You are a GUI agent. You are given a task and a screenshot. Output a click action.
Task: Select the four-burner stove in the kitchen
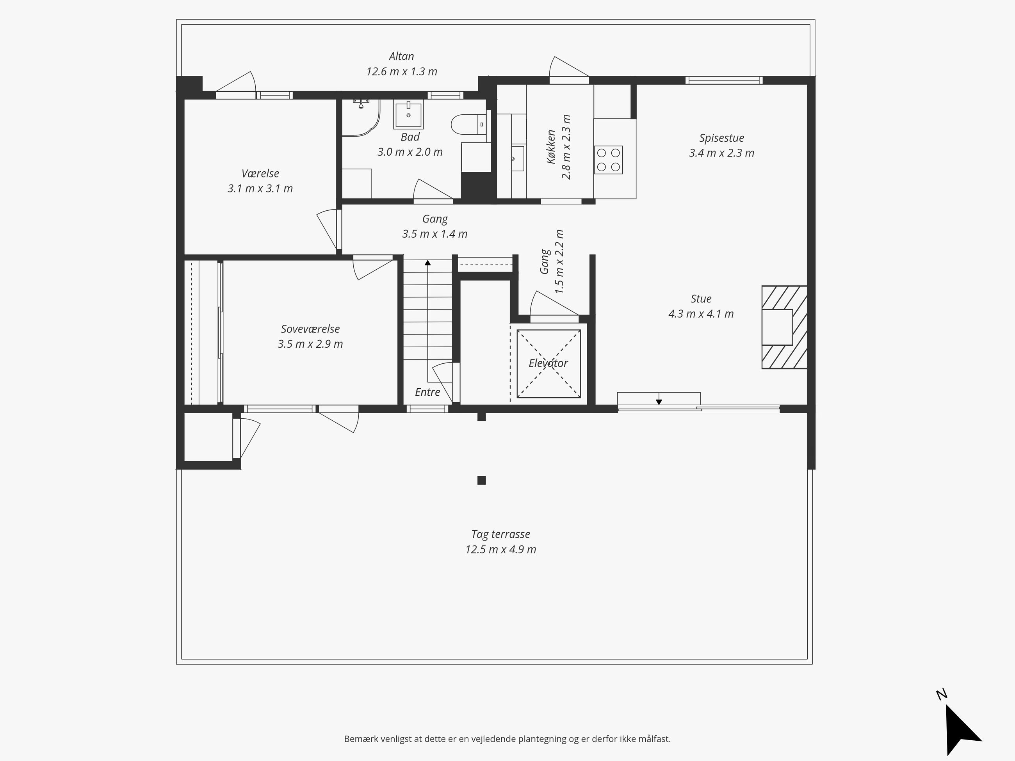point(609,160)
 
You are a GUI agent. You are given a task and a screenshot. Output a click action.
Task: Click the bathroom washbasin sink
point(408,115)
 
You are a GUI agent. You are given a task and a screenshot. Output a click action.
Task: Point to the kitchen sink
point(517,158)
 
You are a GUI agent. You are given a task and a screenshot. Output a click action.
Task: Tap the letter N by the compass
point(941,695)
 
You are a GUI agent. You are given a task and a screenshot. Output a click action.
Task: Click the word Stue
point(701,299)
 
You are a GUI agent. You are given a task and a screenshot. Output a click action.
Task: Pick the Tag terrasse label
point(500,534)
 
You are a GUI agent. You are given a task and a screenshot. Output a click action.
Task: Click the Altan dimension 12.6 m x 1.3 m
point(401,71)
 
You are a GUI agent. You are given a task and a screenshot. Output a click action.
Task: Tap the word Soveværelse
point(310,329)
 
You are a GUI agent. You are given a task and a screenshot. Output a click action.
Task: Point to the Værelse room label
point(260,173)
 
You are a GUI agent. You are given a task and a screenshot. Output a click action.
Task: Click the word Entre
point(427,392)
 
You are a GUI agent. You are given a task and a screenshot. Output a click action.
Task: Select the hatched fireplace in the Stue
point(784,327)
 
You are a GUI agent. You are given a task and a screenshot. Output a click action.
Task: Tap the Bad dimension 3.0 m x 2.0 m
point(410,152)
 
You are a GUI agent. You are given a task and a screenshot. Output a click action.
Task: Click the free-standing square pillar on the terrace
point(481,480)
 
